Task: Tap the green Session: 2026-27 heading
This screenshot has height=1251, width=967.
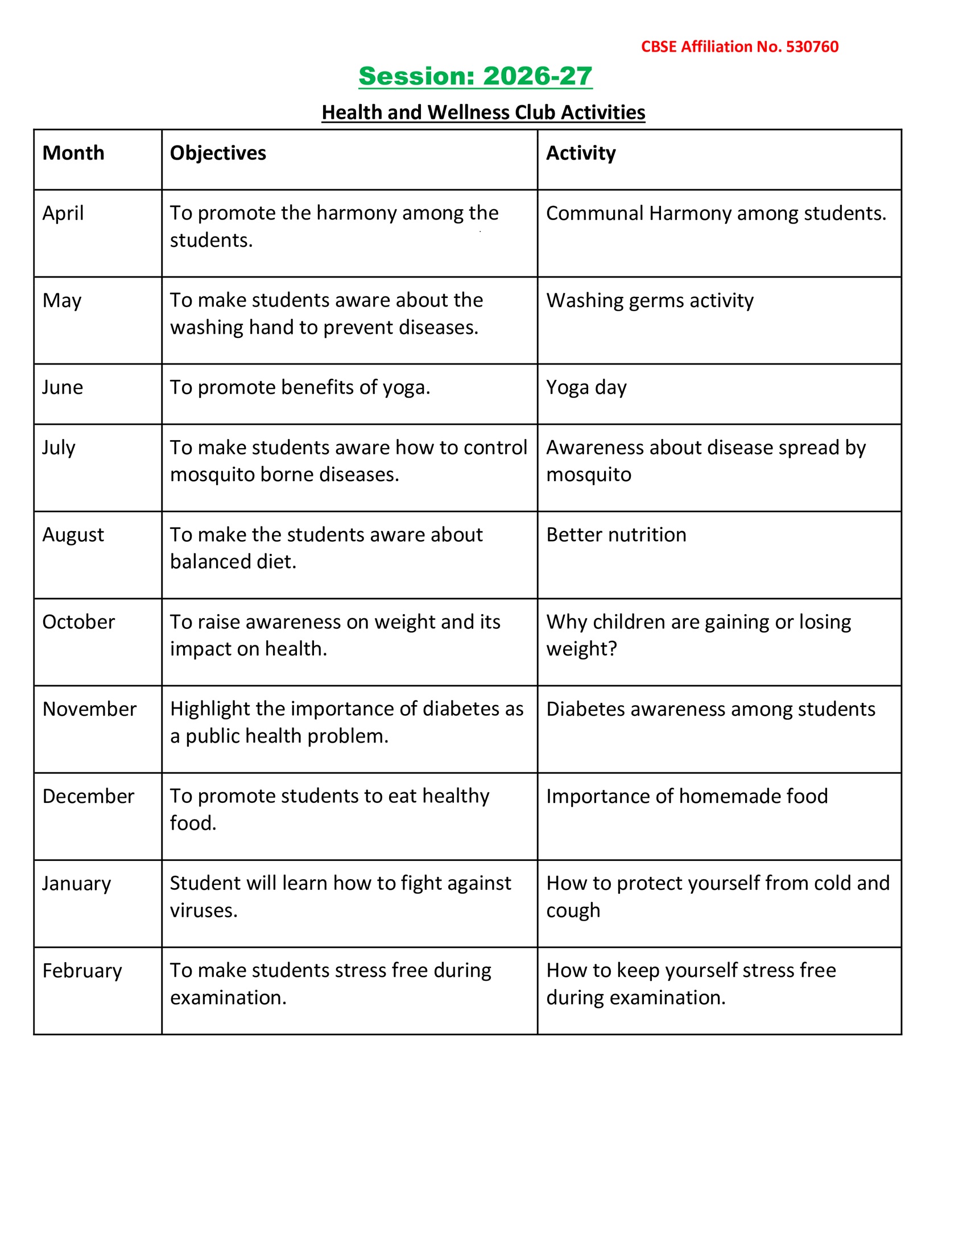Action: (x=475, y=76)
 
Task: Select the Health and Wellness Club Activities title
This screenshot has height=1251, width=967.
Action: (x=483, y=112)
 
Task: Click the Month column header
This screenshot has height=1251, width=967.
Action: (x=73, y=153)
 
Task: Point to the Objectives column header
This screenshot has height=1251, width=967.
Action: (x=218, y=153)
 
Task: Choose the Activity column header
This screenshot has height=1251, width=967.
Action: (x=580, y=153)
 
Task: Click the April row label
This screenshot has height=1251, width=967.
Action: (x=63, y=213)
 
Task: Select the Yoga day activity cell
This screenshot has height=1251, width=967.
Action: (x=586, y=387)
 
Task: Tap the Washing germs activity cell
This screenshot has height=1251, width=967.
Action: (x=650, y=300)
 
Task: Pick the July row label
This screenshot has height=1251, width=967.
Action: (x=59, y=448)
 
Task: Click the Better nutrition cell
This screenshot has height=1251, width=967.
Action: (x=616, y=535)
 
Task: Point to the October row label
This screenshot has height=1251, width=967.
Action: (x=78, y=622)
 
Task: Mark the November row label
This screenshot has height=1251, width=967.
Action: (x=89, y=709)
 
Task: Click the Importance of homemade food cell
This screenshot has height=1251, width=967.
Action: (x=687, y=796)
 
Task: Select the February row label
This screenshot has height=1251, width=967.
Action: (x=82, y=970)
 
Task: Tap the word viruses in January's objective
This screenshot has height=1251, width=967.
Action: (x=203, y=910)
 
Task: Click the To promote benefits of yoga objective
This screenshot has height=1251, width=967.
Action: (x=300, y=387)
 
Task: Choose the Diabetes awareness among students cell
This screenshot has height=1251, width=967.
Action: (x=710, y=709)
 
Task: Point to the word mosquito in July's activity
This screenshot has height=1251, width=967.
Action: (x=588, y=474)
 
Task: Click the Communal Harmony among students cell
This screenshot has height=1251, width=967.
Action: (x=716, y=213)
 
